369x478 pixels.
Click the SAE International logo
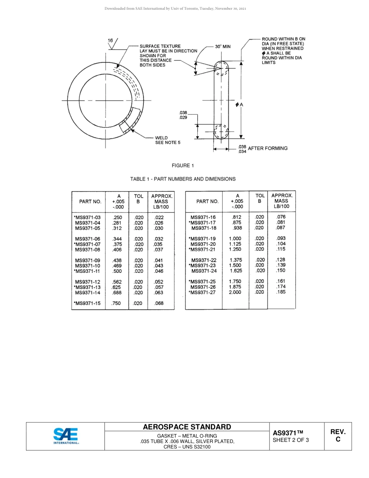(66, 436)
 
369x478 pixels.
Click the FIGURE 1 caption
(183, 166)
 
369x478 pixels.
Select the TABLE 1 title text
(183, 179)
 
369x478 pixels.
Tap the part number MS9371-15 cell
(87, 304)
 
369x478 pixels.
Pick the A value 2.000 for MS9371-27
(235, 292)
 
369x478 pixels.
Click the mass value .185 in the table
(280, 292)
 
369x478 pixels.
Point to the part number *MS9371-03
(87, 218)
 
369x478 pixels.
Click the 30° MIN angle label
(223, 47)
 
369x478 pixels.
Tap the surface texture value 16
(110, 40)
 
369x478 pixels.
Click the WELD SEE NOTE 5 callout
(167, 140)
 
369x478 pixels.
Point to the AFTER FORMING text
(268, 148)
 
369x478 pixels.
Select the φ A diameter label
(239, 105)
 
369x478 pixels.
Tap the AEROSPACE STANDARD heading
(187, 427)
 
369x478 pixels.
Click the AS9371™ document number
(287, 433)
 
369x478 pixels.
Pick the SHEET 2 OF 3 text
(291, 440)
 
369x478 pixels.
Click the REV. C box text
(338, 436)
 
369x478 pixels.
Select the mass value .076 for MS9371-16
(280, 217)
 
